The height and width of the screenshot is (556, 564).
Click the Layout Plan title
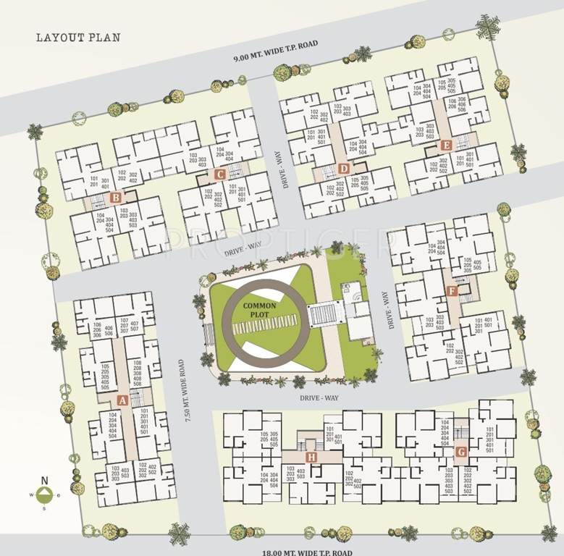click(x=77, y=38)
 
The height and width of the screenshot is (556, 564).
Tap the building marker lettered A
click(x=122, y=400)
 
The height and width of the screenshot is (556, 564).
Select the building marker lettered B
click(x=114, y=197)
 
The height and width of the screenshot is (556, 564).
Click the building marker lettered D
click(x=343, y=169)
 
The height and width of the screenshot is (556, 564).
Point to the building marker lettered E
click(x=446, y=146)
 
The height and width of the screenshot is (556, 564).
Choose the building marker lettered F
click(x=452, y=291)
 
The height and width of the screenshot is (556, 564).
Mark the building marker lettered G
click(x=461, y=451)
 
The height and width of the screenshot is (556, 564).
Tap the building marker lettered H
click(x=311, y=457)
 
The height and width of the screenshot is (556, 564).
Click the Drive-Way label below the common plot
click(x=321, y=397)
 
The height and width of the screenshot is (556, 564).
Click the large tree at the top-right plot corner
click(x=488, y=26)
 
